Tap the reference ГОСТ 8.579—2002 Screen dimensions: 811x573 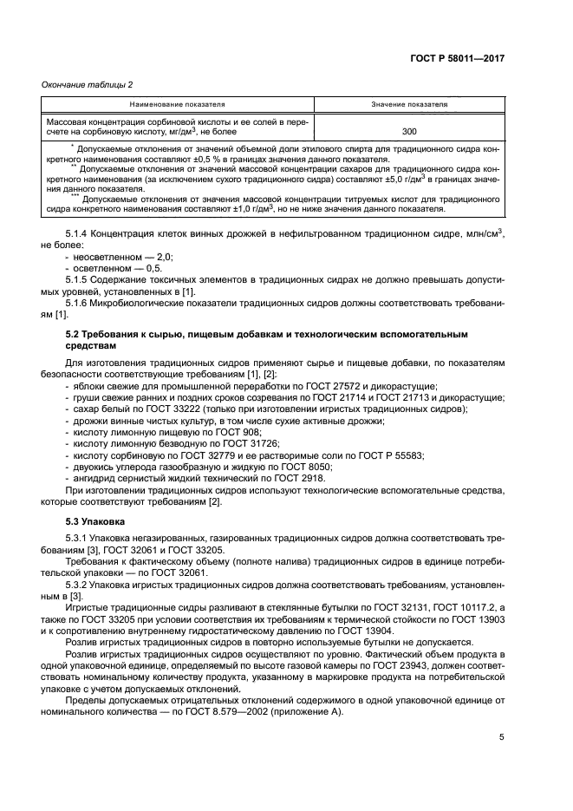pos(199,713)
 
